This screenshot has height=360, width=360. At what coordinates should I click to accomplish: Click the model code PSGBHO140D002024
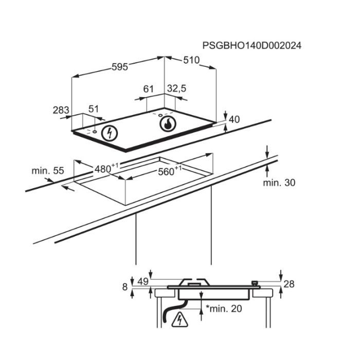[x=252, y=45]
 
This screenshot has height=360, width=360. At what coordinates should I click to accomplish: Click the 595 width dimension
[x=119, y=67]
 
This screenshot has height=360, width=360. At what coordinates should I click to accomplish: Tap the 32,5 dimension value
[x=176, y=89]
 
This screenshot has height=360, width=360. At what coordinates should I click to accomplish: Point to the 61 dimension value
[x=149, y=89]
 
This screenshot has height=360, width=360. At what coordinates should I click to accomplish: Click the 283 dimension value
[x=61, y=110]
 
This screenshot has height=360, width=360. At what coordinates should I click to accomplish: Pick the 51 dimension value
[x=93, y=109]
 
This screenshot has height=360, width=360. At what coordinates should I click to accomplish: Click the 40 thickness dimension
[x=234, y=119]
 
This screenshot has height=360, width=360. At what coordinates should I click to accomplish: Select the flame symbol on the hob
[x=168, y=123]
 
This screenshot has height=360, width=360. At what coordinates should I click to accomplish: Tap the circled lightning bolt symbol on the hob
[x=109, y=133]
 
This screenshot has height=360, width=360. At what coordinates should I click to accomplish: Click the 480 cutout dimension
[x=105, y=168]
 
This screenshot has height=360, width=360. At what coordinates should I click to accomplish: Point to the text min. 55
[x=47, y=170]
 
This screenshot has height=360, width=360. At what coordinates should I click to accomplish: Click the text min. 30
[x=279, y=182]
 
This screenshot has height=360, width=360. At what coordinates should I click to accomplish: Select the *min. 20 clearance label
[x=223, y=309]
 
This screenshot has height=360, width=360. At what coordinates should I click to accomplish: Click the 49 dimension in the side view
[x=142, y=281]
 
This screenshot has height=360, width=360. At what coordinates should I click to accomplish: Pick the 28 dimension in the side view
[x=289, y=284]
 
